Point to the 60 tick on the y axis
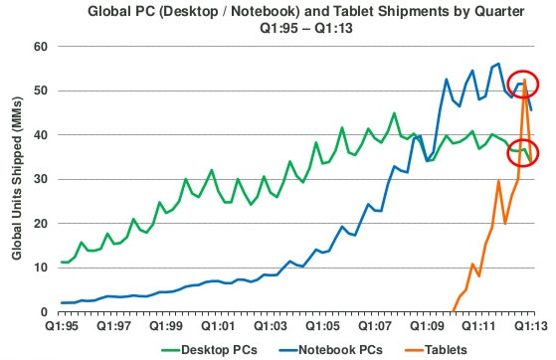(x=43, y=47)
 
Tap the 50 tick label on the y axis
(x=43, y=90)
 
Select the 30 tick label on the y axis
(x=43, y=179)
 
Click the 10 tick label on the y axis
(x=43, y=268)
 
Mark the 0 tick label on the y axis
(x=47, y=311)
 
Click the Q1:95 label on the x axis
(x=62, y=325)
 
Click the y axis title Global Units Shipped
(x=18, y=179)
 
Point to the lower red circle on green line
(x=523, y=152)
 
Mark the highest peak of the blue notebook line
(x=497, y=64)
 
